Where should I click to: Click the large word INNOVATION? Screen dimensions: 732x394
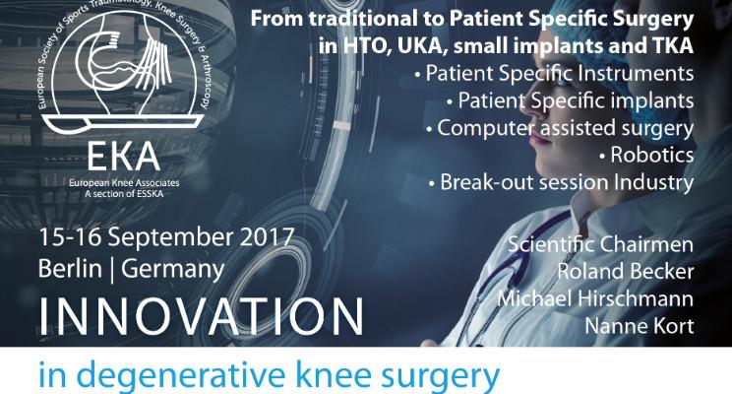(x=202, y=316)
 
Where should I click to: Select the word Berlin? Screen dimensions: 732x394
(x=70, y=269)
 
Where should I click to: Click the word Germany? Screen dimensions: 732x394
(x=173, y=270)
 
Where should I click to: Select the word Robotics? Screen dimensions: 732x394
(x=652, y=156)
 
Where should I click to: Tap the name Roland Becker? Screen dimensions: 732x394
(x=626, y=272)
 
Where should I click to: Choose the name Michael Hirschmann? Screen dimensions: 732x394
(x=595, y=298)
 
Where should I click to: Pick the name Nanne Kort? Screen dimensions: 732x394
(x=640, y=326)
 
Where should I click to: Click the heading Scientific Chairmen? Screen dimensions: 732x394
(x=600, y=244)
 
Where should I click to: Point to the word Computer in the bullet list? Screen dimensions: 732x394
(x=486, y=128)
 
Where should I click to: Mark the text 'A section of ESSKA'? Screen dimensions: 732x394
(x=124, y=193)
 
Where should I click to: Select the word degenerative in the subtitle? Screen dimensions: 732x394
(x=176, y=375)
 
